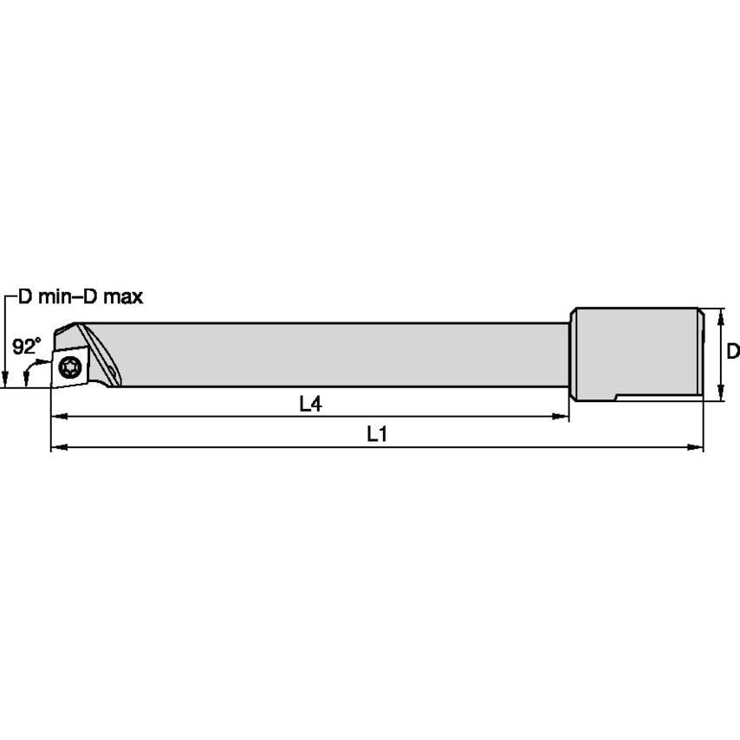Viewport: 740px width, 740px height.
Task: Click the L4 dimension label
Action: [310, 404]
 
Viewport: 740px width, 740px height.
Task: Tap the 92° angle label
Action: [26, 347]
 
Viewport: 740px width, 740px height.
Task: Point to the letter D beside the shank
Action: [732, 351]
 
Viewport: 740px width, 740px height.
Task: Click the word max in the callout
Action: [123, 297]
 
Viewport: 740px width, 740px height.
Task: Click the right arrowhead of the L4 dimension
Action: [561, 417]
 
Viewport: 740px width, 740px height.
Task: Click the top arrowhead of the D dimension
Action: [719, 314]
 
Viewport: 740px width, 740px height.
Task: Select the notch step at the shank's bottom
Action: [615, 398]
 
